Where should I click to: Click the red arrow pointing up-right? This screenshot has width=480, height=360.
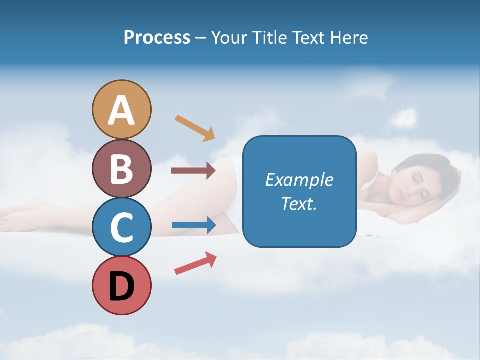click(195, 263)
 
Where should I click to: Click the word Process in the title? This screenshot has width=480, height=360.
click(157, 37)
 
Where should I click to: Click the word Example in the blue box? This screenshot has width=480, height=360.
click(299, 180)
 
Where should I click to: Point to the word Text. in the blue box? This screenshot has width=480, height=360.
click(299, 203)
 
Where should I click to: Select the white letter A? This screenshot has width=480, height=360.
click(121, 110)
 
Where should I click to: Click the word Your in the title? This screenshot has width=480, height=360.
click(228, 37)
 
